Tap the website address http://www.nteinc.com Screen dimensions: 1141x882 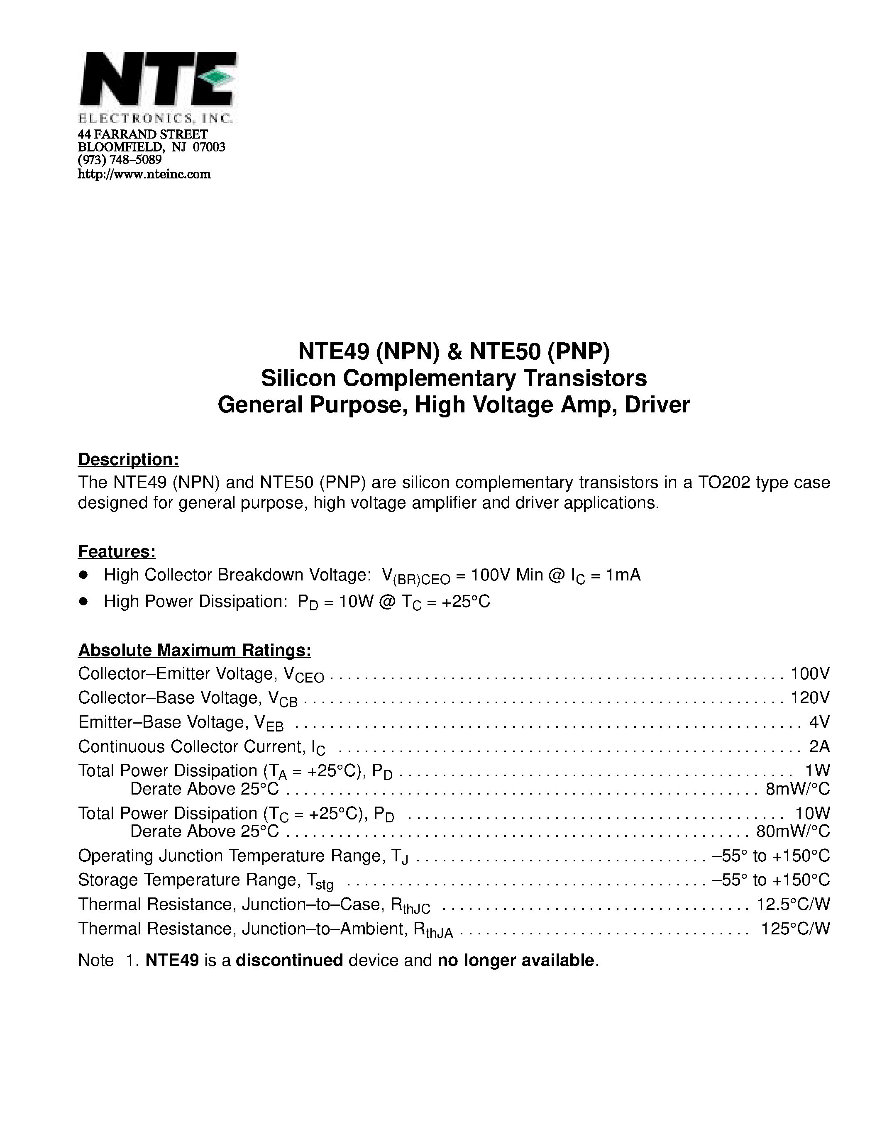(x=144, y=175)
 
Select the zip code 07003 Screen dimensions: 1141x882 (x=209, y=147)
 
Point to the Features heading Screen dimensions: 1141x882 (x=117, y=552)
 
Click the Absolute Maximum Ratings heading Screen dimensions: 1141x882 (x=194, y=651)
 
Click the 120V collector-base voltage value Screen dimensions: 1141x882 (x=810, y=698)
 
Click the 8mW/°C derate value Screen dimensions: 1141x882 (x=797, y=789)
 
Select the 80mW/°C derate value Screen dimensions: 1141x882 (x=793, y=831)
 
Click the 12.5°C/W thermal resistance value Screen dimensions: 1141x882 (x=793, y=905)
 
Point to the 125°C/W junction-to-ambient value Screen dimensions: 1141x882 (x=795, y=929)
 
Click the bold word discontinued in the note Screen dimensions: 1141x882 (x=289, y=960)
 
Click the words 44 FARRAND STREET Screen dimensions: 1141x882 (x=143, y=134)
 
